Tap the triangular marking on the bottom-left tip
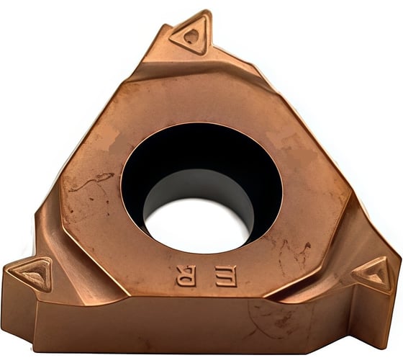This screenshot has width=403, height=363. [x=32, y=274]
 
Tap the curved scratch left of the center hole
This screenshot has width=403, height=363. [x=94, y=180]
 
